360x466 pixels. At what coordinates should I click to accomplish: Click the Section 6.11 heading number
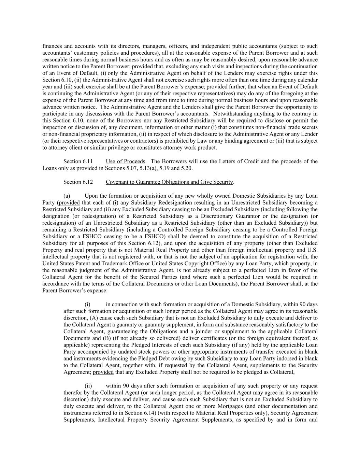78,161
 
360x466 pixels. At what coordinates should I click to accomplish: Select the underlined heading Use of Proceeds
125,161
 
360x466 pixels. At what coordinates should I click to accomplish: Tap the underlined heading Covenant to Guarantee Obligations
169,182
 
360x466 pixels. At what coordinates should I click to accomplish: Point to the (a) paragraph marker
67,196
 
